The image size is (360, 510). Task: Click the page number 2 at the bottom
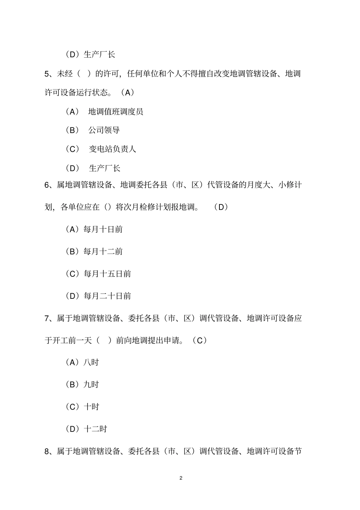pos(181,478)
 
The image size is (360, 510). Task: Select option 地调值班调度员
pos(116,111)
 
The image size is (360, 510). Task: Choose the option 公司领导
pos(104,130)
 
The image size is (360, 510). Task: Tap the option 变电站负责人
pos(112,149)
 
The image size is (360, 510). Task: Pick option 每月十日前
pos(103,229)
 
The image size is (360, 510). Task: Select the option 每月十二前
pos(103,251)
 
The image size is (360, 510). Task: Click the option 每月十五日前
pos(107,274)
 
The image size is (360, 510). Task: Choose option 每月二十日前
pos(107,296)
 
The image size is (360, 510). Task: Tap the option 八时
pos(91,362)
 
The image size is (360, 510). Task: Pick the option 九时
pos(91,384)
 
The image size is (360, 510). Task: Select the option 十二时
pos(95,429)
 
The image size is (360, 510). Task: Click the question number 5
pos(47,74)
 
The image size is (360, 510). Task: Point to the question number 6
pos(47,185)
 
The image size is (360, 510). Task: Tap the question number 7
pos(47,318)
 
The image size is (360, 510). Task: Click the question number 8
pos(47,451)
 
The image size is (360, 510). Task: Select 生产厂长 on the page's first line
pos(99,55)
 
